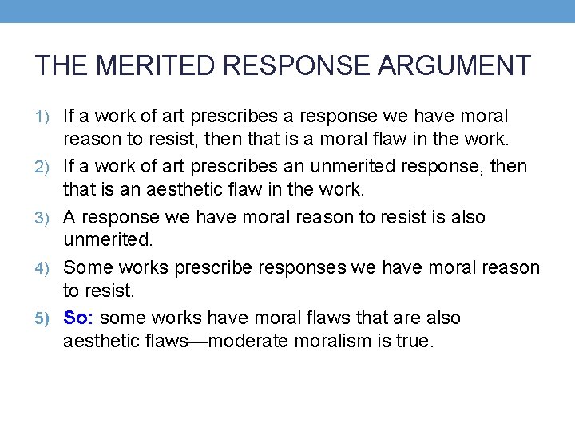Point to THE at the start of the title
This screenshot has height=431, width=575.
[58, 65]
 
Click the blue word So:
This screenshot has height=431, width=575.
[79, 318]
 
